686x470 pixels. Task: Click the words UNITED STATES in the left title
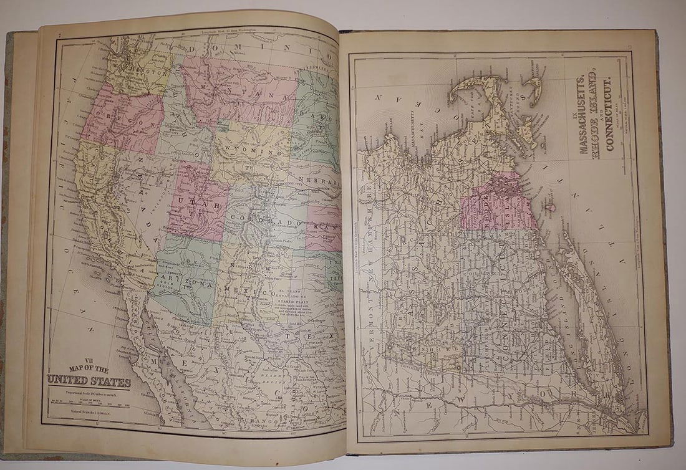click(87, 381)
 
